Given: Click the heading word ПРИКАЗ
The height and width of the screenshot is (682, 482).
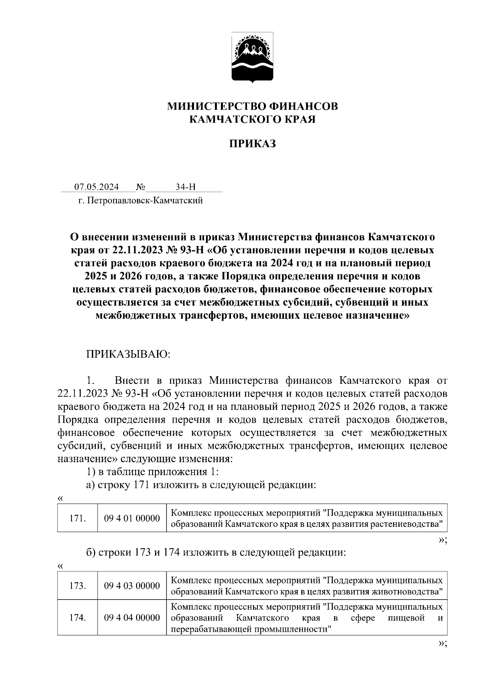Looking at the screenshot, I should coord(252,144).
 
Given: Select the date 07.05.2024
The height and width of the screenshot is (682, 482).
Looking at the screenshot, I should coord(96,187).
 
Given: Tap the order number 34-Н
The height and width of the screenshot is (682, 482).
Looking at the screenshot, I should coord(185,187).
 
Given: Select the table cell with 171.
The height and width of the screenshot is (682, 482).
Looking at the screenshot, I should coord(77,518).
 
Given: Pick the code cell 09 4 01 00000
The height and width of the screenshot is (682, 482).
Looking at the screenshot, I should coord(132,518).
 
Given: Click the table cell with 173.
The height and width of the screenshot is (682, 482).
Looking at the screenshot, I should coord(77,586).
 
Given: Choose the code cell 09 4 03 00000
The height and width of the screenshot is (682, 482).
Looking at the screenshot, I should coord(132,586).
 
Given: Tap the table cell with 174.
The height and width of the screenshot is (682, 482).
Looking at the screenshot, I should coord(77,618).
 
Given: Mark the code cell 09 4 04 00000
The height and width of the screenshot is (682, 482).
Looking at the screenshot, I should coord(132,618).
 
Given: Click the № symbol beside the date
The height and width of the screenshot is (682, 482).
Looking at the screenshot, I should coord(140,187).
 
